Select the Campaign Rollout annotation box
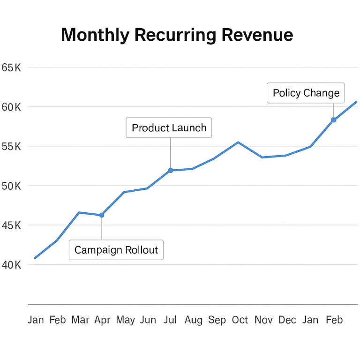[x=116, y=250]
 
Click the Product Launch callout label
[x=169, y=127]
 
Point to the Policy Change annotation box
[x=306, y=93]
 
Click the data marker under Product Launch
[x=171, y=170]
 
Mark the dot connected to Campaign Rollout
[x=101, y=215]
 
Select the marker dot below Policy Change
[x=333, y=120]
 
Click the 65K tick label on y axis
[x=11, y=67]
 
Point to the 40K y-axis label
[x=11, y=265]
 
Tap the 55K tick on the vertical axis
[x=11, y=146]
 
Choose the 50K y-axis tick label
[x=11, y=186]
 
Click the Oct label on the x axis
[x=240, y=320]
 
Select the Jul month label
[x=170, y=320]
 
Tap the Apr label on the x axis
[x=102, y=320]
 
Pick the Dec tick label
[x=287, y=320]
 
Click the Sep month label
[x=217, y=320]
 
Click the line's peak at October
[x=238, y=142]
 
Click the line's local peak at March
[x=79, y=212]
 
